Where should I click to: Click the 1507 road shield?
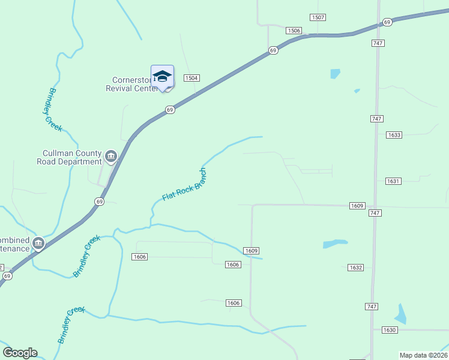coord(318,17)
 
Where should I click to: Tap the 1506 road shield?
coord(294,31)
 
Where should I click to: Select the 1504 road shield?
coord(191,78)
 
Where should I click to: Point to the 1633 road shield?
coord(394,135)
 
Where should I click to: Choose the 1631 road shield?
coord(393,181)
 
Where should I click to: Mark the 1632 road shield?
coord(355,268)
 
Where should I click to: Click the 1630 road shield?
coord(390,330)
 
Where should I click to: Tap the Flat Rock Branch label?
coord(184,184)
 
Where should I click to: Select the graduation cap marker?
coord(162,76)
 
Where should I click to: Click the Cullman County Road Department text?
coord(69,157)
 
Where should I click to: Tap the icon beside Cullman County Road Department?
coord(111,157)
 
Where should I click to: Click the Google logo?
coord(20,353)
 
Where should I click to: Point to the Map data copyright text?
coord(423,355)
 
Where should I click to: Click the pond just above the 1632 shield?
coord(335,244)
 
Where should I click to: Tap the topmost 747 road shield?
coord(378,43)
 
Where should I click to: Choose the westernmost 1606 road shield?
coord(139,257)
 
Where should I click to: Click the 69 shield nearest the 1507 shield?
coord(387,22)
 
